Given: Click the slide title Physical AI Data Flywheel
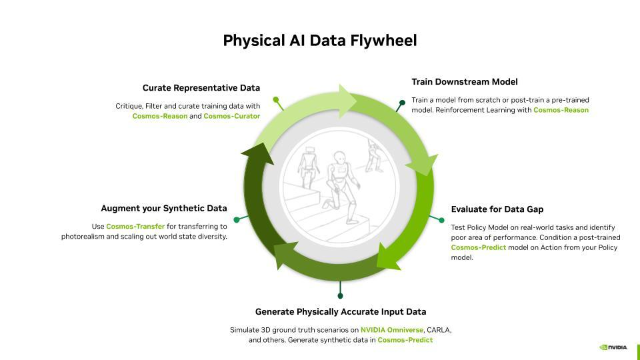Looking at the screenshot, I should pyautogui.click(x=320, y=41).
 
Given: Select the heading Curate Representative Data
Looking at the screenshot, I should pyautogui.click(x=201, y=88).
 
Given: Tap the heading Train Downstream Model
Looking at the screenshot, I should pyautogui.click(x=464, y=82).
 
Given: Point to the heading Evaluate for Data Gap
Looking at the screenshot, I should pyautogui.click(x=497, y=209).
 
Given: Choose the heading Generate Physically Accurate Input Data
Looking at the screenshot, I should pyautogui.click(x=341, y=312).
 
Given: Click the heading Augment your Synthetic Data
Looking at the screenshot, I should pyautogui.click(x=164, y=209).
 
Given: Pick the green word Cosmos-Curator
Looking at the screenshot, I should pyautogui.click(x=231, y=116).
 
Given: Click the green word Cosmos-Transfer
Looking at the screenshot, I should pyautogui.click(x=135, y=227).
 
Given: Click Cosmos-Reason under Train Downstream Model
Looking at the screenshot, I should pyautogui.click(x=561, y=110).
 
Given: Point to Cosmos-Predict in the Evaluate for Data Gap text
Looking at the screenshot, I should pyautogui.click(x=478, y=247).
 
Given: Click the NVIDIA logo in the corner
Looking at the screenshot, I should pyautogui.click(x=613, y=347).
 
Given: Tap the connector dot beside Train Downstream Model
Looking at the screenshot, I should pyautogui.click(x=401, y=103).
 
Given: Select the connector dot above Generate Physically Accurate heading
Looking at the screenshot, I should pyautogui.click(x=341, y=295).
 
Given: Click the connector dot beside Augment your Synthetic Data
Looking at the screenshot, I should pyautogui.click(x=237, y=219).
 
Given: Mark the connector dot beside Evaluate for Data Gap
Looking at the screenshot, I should pyautogui.click(x=441, y=220).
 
